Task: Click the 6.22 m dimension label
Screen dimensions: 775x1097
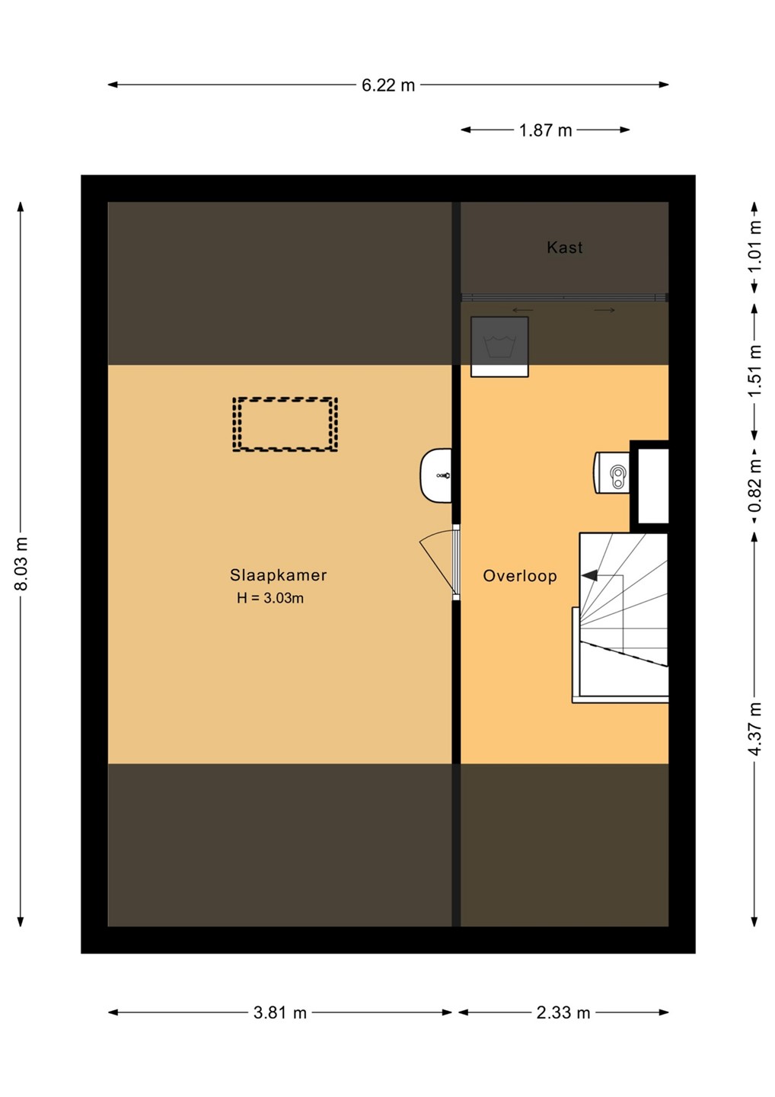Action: (x=388, y=85)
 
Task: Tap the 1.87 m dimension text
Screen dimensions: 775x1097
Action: (x=545, y=131)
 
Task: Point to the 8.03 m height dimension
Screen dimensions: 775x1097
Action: (x=21, y=564)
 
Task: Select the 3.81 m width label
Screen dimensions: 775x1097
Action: (x=280, y=1012)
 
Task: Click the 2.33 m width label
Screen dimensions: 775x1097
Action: (x=563, y=1012)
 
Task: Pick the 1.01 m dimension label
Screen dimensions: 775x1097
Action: (x=756, y=248)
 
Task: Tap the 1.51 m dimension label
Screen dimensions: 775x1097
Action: (x=756, y=371)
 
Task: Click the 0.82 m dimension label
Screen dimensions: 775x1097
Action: (x=756, y=485)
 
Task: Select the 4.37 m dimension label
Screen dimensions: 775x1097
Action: (x=756, y=729)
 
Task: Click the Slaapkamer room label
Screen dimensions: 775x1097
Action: (x=279, y=575)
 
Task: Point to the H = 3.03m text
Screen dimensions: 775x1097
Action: (x=270, y=598)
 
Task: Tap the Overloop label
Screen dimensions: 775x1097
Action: (x=520, y=576)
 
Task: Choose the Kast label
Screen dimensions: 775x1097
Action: (x=565, y=248)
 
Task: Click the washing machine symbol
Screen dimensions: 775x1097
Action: (x=499, y=347)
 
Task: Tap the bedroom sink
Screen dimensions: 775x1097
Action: (x=435, y=475)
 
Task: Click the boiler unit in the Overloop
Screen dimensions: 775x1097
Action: (x=611, y=473)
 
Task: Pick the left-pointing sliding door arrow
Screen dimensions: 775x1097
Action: (x=522, y=310)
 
